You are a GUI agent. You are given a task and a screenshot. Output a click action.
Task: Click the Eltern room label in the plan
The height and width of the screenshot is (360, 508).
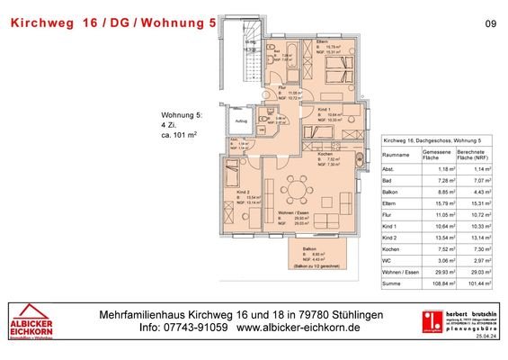pyautogui.click(x=320, y=42)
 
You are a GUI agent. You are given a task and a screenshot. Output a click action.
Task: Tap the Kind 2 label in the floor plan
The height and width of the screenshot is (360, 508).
pyautogui.click(x=242, y=192)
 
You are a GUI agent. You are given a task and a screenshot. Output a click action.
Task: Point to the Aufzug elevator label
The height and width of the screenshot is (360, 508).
pyautogui.click(x=241, y=120)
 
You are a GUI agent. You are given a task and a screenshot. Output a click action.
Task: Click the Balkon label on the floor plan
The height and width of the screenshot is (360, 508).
pyautogui.click(x=308, y=248)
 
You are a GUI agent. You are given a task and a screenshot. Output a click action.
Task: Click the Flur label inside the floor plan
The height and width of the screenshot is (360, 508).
pyautogui.click(x=281, y=87)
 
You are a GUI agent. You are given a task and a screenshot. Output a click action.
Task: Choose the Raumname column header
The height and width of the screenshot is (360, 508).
pyautogui.click(x=397, y=154)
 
